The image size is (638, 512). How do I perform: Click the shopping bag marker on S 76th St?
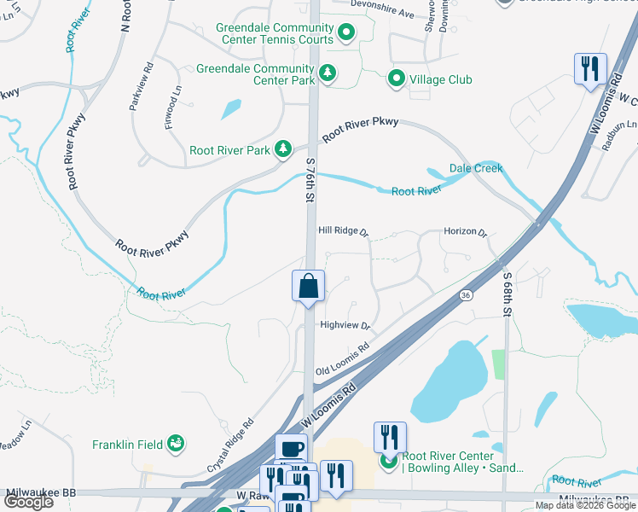[308, 287]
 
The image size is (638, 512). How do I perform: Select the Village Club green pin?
[397, 79]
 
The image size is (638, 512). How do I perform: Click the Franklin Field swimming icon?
[176, 443]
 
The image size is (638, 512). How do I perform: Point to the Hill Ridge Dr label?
[342, 231]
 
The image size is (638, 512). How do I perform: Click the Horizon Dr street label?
[464, 231]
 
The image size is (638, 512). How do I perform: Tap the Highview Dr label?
[344, 325]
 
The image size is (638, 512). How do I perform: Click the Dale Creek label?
[476, 168]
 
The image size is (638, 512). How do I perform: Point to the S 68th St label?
[506, 294]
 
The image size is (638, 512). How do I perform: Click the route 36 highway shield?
[465, 295]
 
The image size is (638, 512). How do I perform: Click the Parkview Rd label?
[140, 85]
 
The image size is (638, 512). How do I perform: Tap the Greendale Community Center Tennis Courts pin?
[346, 34]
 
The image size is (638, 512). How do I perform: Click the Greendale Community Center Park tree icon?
[327, 74]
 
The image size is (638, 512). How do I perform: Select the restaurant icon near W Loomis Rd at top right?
[590, 68]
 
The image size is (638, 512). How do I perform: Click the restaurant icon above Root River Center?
[389, 437]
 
